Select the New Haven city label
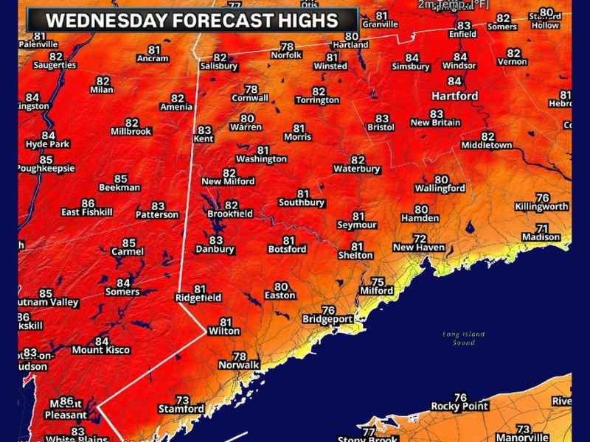point(419,248)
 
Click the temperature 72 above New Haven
point(420,239)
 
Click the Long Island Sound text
point(463,338)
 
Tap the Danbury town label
point(215,250)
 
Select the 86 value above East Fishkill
point(88,203)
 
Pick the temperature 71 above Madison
point(542,228)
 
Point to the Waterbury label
point(357,169)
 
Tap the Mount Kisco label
point(101,351)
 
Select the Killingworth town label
point(542,207)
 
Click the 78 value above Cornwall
point(251,89)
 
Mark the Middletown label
point(487,146)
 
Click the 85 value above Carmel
point(128,242)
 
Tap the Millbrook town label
point(131,132)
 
